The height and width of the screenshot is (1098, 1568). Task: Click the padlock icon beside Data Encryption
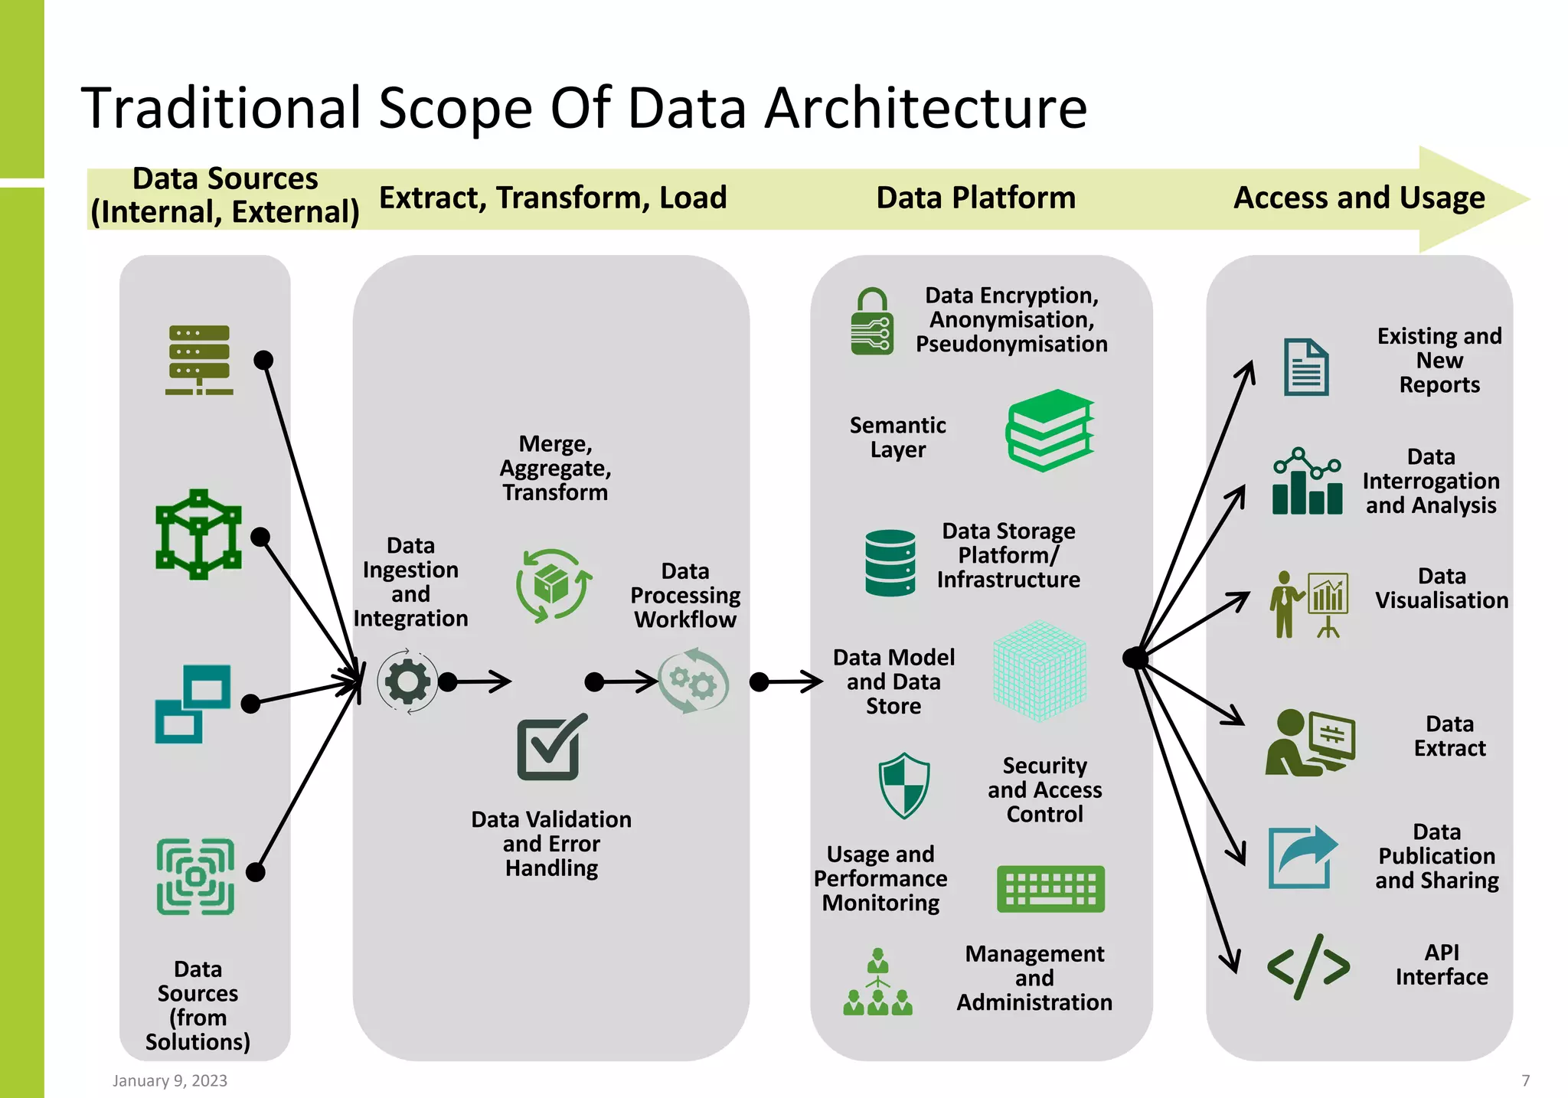tap(872, 322)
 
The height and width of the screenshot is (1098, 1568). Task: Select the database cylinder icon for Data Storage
tap(890, 563)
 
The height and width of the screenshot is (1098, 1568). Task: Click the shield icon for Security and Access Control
tap(904, 786)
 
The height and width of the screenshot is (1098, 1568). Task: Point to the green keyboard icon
tap(1050, 889)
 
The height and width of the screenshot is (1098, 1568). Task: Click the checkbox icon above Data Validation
tap(550, 748)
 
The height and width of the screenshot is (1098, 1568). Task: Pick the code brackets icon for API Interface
tap(1308, 966)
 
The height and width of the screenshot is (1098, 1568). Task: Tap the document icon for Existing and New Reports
tap(1306, 367)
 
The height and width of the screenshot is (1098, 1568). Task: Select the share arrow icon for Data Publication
tap(1302, 857)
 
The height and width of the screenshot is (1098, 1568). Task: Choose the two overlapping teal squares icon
tap(193, 704)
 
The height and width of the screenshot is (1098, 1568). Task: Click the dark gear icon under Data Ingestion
tap(407, 681)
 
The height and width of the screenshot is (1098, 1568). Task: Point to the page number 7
tap(1525, 1080)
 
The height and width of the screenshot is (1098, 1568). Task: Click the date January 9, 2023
tap(170, 1080)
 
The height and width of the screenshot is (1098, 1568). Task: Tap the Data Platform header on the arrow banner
tap(975, 198)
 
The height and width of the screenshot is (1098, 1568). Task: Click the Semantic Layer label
tap(897, 437)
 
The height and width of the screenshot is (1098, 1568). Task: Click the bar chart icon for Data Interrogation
tap(1307, 482)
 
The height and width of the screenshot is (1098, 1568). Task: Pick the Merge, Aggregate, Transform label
tap(555, 468)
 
